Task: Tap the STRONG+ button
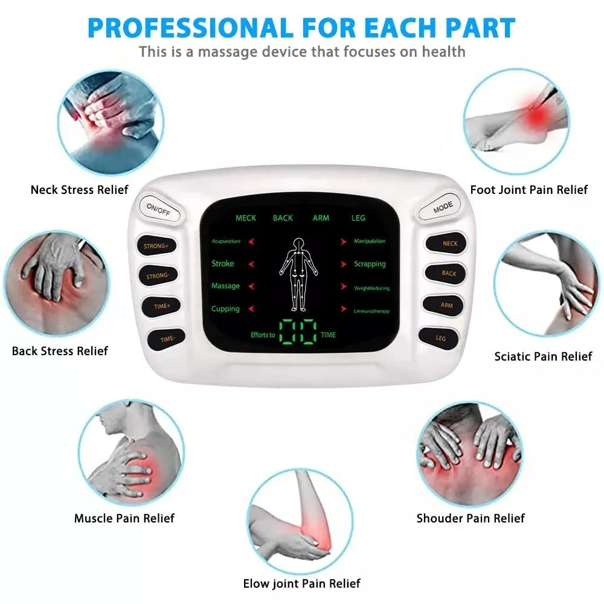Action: pyautogui.click(x=156, y=246)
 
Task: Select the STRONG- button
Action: pyautogui.click(x=158, y=276)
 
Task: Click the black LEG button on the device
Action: pyautogui.click(x=441, y=338)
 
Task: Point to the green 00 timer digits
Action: pyautogui.click(x=298, y=332)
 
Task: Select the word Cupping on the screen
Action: pyautogui.click(x=225, y=309)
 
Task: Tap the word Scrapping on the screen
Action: pyautogui.click(x=370, y=264)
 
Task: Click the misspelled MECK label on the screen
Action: pyautogui.click(x=246, y=218)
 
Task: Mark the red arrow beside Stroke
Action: pyautogui.click(x=251, y=264)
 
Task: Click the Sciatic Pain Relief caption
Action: pyautogui.click(x=543, y=356)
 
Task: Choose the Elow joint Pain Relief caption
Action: pyautogui.click(x=301, y=583)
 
